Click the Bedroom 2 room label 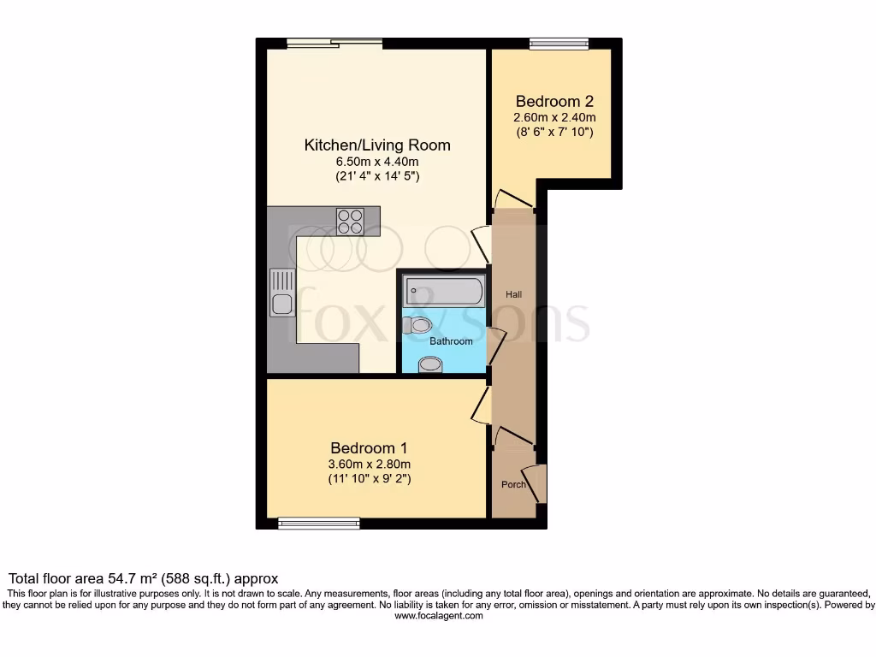coord(554,100)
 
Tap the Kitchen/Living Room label coord(377,145)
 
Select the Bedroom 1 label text coord(369,447)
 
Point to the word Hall coord(513,294)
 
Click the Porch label coord(513,485)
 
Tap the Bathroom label coord(451,341)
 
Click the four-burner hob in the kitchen coord(350,222)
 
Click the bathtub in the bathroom coord(443,291)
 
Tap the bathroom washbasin coord(429,365)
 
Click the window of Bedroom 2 coord(559,44)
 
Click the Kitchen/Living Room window coord(334,44)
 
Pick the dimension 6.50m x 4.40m coord(377,162)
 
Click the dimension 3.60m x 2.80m coord(369,465)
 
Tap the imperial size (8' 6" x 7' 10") coord(554,133)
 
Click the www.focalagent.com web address coord(438,615)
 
